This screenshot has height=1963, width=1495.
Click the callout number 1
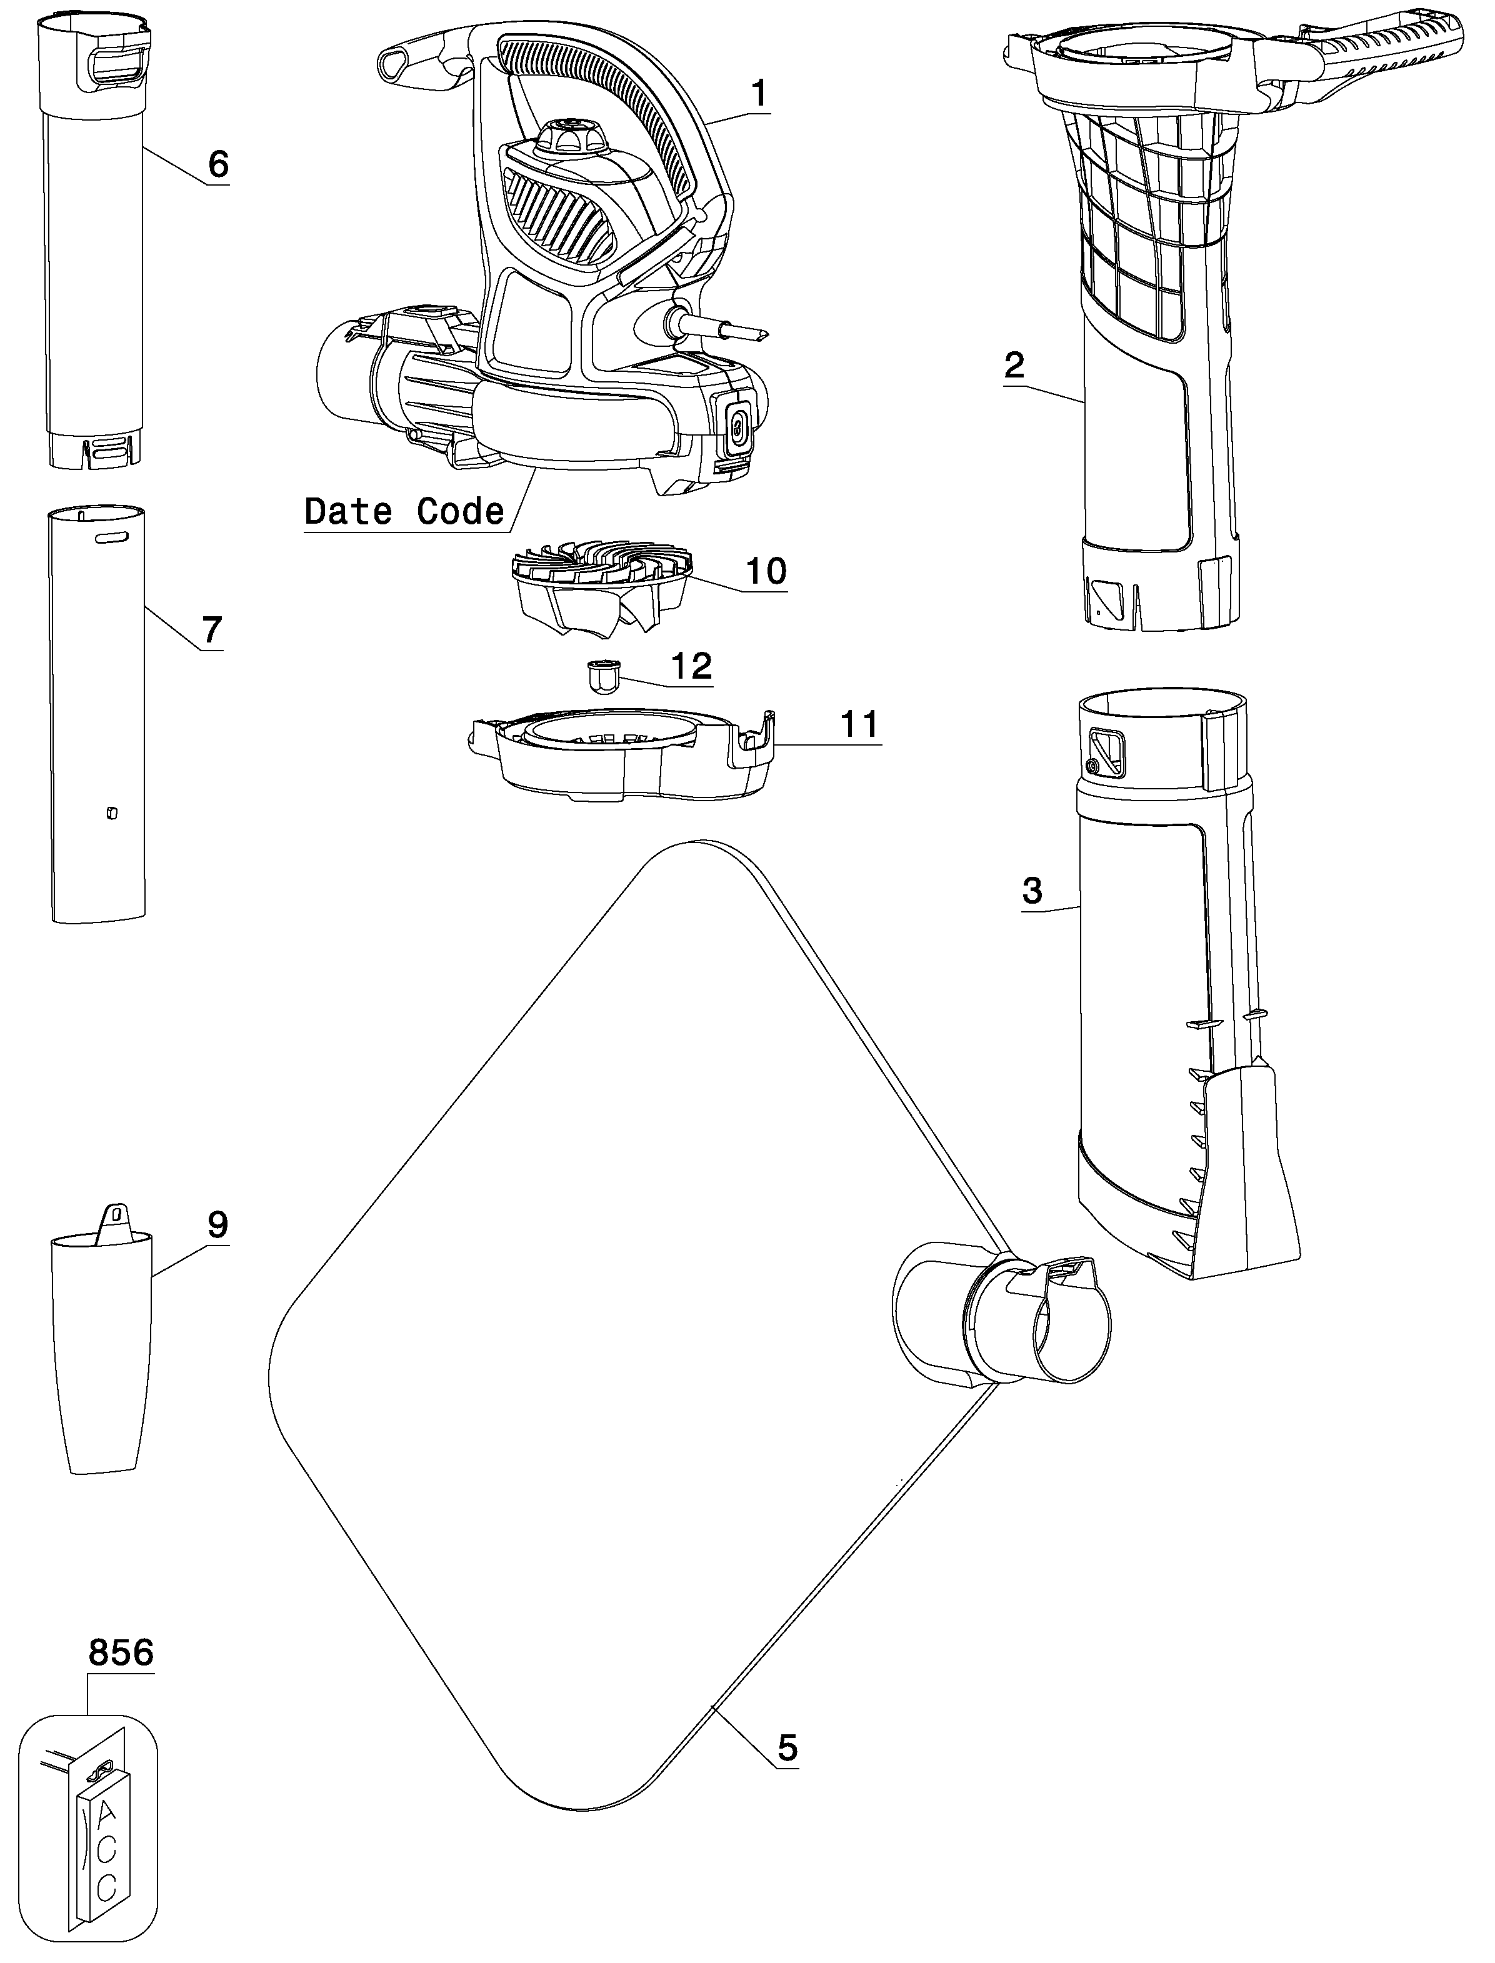pyautogui.click(x=759, y=94)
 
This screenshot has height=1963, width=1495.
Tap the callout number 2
pyautogui.click(x=1014, y=365)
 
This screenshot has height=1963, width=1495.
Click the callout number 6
pyautogui.click(x=218, y=164)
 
